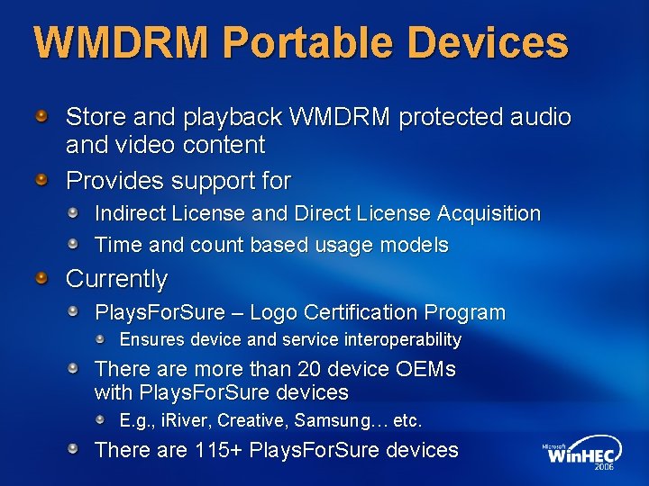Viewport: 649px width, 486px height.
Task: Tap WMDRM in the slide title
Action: click(x=122, y=42)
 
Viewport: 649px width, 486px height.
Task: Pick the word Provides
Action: click(x=114, y=181)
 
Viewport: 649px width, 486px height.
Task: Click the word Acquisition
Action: click(x=489, y=214)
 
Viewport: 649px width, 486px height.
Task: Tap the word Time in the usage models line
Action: click(x=117, y=245)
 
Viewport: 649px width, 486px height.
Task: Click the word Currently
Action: click(x=117, y=279)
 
